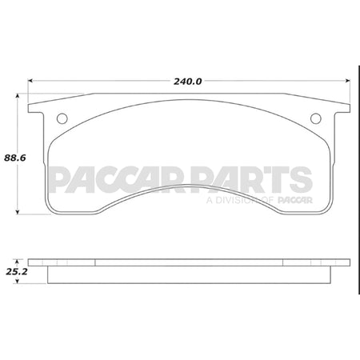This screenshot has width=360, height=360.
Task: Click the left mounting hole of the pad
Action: pyautogui.click(x=62, y=119)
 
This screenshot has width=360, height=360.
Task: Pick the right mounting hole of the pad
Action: pyautogui.click(x=315, y=119)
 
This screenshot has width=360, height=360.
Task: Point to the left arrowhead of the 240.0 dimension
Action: pyautogui.click(x=31, y=81)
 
